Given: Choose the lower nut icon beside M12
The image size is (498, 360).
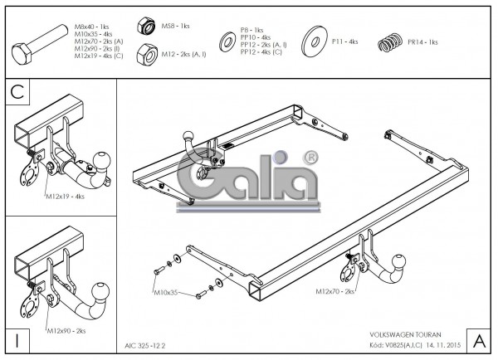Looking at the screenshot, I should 147,54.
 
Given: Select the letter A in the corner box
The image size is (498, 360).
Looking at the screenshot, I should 479,340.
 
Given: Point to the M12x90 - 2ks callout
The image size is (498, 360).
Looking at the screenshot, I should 66,331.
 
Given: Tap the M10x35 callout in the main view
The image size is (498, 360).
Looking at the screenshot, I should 166,293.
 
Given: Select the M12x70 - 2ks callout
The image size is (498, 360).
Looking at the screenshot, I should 335,292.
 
